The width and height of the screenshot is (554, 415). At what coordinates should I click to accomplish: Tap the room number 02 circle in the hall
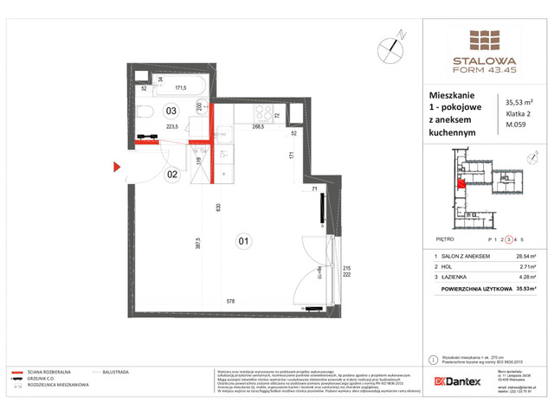tap(171, 174)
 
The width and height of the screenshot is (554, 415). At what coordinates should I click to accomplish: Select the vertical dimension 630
tap(221, 207)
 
